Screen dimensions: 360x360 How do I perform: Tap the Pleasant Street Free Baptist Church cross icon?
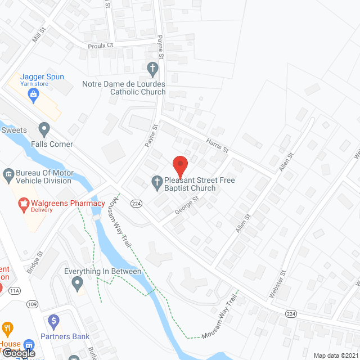(x=157, y=181)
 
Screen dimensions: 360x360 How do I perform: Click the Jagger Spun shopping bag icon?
(x=34, y=94)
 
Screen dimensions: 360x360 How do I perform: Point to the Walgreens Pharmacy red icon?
(x=24, y=205)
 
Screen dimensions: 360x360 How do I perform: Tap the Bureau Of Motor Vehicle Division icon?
(x=8, y=174)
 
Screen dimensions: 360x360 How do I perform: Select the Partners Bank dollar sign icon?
(x=54, y=322)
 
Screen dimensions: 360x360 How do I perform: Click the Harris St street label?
(x=217, y=147)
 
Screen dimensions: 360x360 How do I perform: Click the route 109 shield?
(x=31, y=304)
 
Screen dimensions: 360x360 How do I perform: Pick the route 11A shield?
(x=14, y=290)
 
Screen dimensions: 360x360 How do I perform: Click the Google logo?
(x=19, y=353)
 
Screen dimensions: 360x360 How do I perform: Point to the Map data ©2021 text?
(x=335, y=355)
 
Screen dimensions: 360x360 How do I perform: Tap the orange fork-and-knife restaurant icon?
(x=7, y=328)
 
